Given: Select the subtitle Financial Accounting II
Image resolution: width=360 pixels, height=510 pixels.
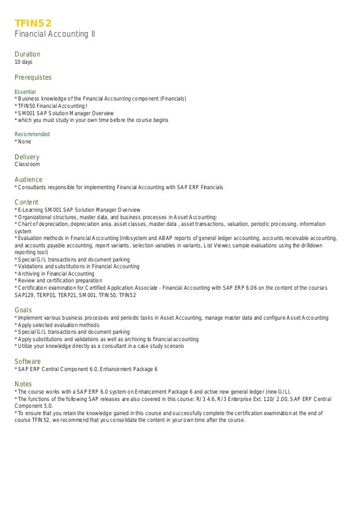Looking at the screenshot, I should coord(54,34).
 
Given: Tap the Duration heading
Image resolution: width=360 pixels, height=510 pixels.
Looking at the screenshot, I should coord(27,54).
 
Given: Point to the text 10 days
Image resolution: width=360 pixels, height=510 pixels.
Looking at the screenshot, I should coord(23,62).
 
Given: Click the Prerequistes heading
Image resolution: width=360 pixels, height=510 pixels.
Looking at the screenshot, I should coord(33,77).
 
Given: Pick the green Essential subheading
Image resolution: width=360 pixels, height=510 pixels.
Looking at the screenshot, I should coord(25,91).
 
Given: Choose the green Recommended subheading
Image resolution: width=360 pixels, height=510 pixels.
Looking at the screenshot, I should coord(32,134).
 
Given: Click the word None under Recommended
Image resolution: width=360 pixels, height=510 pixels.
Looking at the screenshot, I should coord(24,142).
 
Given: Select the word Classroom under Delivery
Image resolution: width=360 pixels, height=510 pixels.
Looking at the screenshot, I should coord(27,164).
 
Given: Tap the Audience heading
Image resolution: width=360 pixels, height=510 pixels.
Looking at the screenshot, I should coord(28,180).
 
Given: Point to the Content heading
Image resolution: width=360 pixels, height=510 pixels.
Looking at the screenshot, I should coord(26,202).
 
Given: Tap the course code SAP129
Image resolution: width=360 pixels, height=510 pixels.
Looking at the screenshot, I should coord(25,295).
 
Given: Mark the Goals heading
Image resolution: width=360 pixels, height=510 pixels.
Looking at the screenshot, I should coord(23,310).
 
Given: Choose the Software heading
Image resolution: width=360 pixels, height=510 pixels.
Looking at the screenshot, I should coord(28,361).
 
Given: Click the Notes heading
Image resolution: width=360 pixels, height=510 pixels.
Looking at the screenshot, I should coord(23,383).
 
